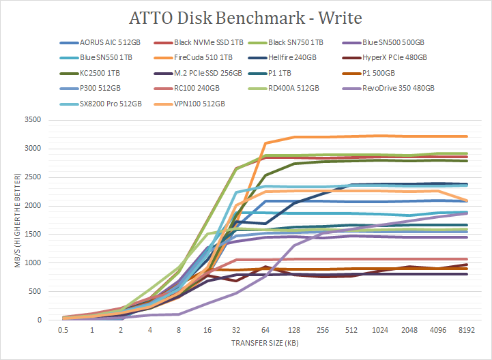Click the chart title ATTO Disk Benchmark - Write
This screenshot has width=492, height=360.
(246, 16)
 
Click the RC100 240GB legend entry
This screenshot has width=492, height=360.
(197, 87)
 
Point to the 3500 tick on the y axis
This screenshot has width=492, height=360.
(32, 120)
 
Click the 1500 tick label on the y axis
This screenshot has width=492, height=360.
(32, 235)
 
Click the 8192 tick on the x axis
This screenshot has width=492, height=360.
(467, 329)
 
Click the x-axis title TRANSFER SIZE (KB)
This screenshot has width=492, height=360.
(265, 342)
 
